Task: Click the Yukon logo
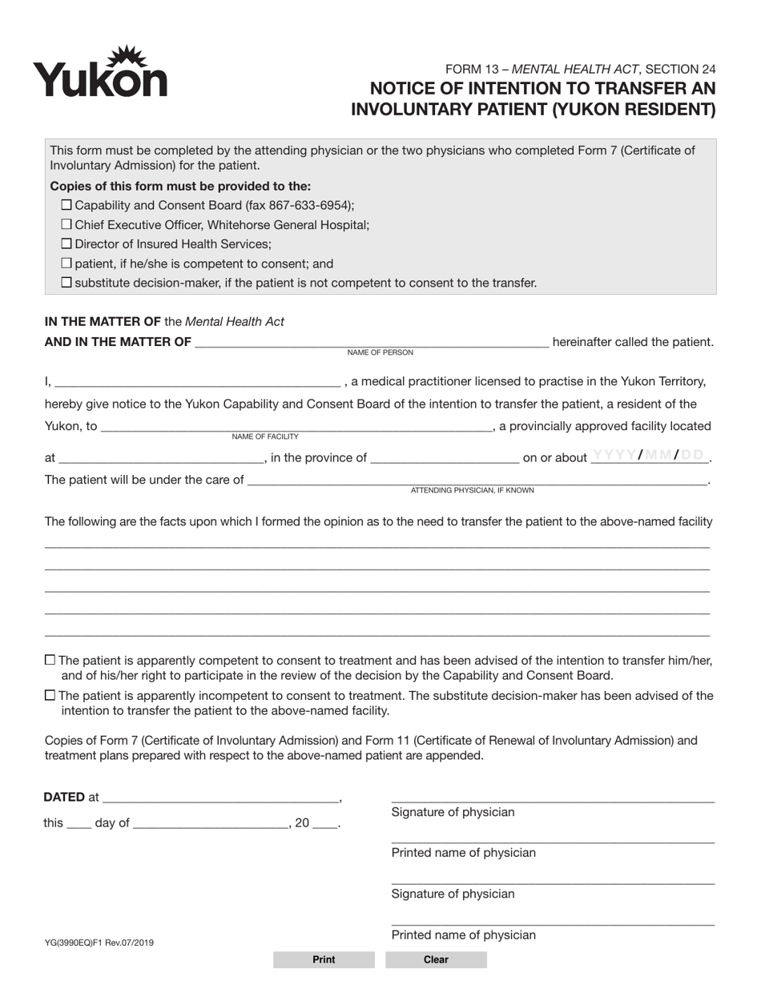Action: [99, 72]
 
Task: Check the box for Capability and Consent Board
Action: [66, 205]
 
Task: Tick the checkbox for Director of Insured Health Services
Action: [66, 243]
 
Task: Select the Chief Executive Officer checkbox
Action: [66, 224]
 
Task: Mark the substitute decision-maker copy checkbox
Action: [66, 282]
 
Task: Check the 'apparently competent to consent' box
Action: [50, 660]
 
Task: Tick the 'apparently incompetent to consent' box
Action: [50, 695]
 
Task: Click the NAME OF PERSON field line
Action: [371, 342]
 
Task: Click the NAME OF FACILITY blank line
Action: [296, 426]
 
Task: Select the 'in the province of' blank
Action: [445, 457]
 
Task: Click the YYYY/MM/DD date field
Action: [649, 456]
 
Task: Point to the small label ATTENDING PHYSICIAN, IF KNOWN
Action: [472, 490]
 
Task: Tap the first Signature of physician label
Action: [453, 812]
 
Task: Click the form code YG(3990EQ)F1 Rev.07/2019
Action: [99, 943]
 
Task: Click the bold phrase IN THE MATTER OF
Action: [103, 322]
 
